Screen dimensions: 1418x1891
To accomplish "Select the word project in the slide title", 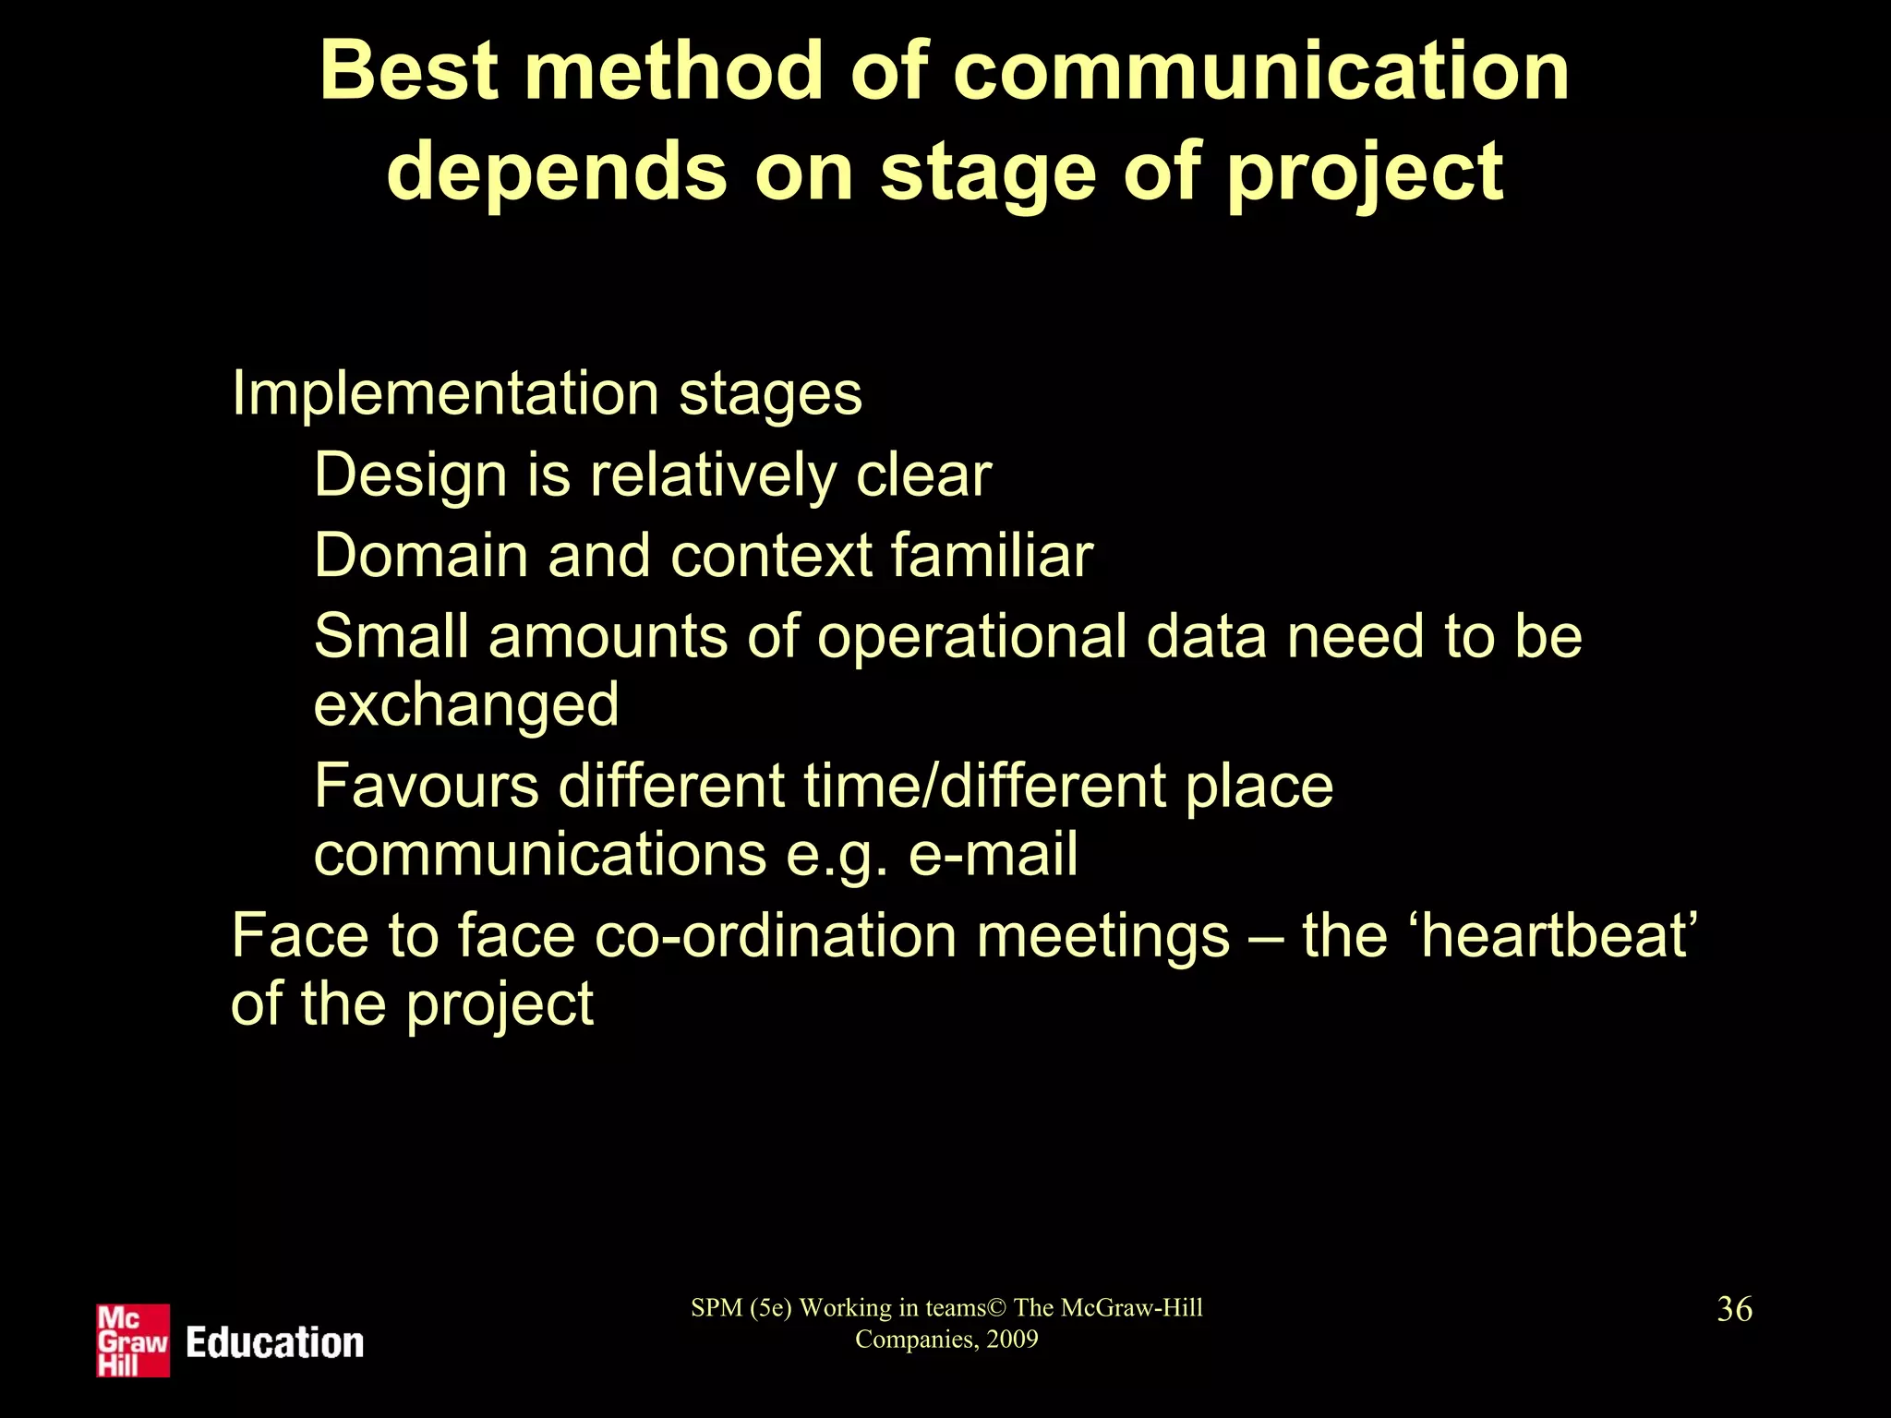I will coord(1366,174).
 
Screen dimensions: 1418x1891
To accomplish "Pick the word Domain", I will coord(419,556).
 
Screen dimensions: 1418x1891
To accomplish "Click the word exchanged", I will coord(466,706).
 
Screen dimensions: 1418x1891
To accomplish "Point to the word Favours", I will coord(426,787).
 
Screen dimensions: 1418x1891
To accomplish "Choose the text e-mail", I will coord(993,854).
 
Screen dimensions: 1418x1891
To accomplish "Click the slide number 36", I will coord(1734,1309).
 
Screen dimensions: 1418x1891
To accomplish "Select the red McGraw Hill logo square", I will coord(133,1340).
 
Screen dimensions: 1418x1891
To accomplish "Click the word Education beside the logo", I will coord(275,1342).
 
